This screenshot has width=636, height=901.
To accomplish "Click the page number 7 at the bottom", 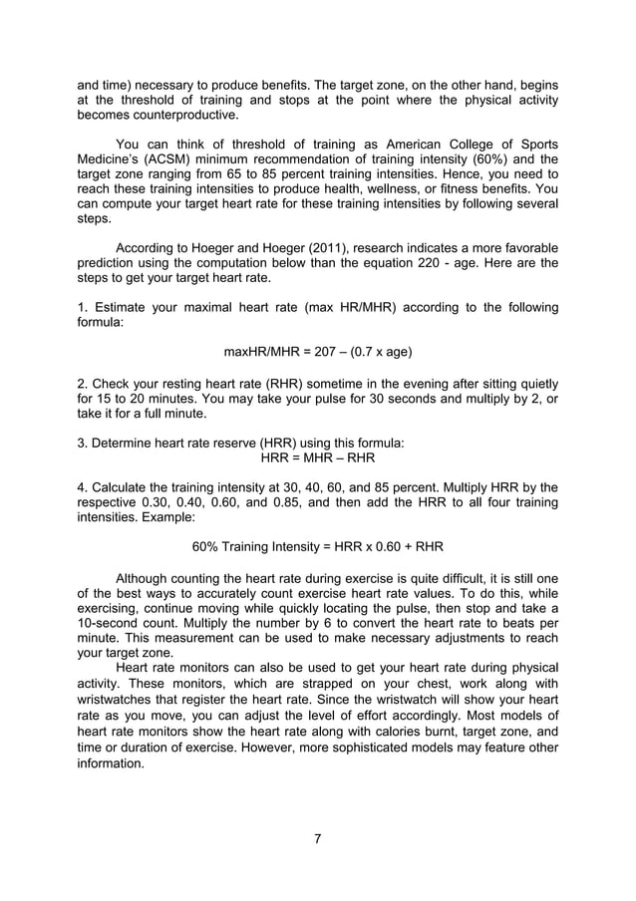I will [317, 837].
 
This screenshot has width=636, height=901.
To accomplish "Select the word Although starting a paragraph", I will [150, 577].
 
